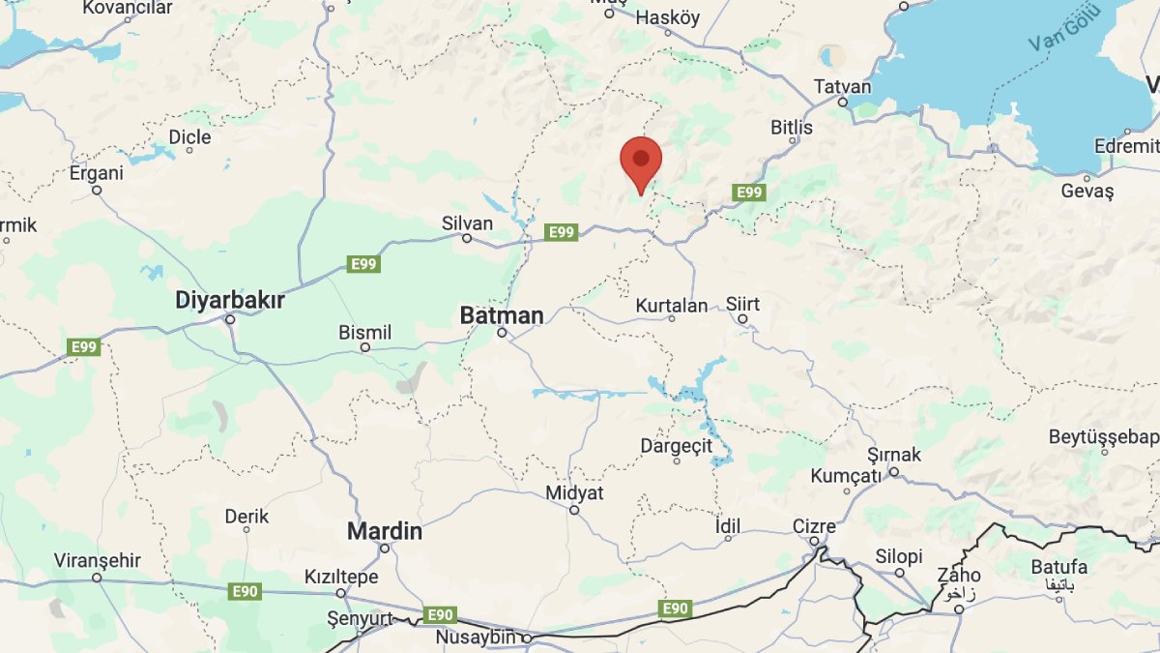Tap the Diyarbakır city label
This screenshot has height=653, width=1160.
pyautogui.click(x=230, y=301)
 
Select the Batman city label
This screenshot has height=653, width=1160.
pyautogui.click(x=501, y=315)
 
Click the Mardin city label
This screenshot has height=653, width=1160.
pyautogui.click(x=385, y=531)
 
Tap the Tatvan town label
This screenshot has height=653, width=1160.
pyautogui.click(x=842, y=86)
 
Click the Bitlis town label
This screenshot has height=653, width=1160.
pyautogui.click(x=792, y=128)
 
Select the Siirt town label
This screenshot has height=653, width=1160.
pyautogui.click(x=742, y=304)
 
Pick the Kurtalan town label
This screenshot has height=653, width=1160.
pyautogui.click(x=672, y=306)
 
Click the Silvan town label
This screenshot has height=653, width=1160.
pyautogui.click(x=467, y=223)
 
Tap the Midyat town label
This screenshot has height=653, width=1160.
pyautogui.click(x=574, y=493)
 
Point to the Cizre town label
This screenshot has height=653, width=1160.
pyautogui.click(x=814, y=527)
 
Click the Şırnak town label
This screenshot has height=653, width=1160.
pyautogui.click(x=894, y=455)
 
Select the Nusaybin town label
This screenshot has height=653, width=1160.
pyautogui.click(x=478, y=638)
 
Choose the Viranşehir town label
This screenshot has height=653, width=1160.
pyautogui.click(x=97, y=561)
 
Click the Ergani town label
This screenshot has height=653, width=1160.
pyautogui.click(x=97, y=174)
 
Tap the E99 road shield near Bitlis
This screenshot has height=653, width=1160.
pyautogui.click(x=749, y=193)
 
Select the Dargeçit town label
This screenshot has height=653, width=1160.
pyautogui.click(x=676, y=446)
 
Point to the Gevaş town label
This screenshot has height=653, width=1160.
pyautogui.click(x=1087, y=192)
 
